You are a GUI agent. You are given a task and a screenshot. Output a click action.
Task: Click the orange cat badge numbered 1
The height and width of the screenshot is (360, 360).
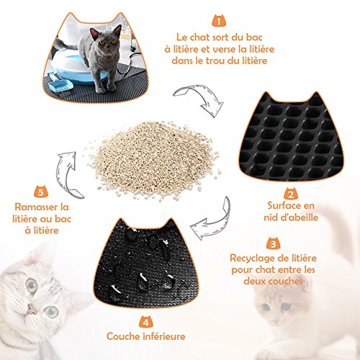219,21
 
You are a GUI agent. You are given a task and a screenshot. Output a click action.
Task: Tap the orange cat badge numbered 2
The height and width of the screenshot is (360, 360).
291,194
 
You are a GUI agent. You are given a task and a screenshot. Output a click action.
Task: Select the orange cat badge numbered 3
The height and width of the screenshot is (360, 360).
274,243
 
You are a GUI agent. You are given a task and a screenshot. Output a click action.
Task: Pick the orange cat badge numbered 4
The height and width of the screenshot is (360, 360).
146,322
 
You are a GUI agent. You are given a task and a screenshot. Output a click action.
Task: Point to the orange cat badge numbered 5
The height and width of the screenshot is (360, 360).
41,192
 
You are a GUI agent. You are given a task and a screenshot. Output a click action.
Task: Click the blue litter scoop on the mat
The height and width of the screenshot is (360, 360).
60,83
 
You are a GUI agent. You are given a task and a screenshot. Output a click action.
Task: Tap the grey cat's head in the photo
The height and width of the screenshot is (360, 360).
107,38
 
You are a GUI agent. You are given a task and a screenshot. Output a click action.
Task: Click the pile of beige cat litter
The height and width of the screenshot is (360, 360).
153,160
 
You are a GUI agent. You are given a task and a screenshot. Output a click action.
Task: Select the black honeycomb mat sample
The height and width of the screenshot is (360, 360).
291,136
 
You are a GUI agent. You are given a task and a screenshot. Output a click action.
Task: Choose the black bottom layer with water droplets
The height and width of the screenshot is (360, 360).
146,264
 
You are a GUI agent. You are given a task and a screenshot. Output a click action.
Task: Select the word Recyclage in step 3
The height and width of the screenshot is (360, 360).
251,258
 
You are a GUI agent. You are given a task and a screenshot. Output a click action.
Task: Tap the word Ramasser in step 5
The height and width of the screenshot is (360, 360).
35,207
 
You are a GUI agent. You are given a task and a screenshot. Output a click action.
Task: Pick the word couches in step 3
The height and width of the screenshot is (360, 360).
285,281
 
